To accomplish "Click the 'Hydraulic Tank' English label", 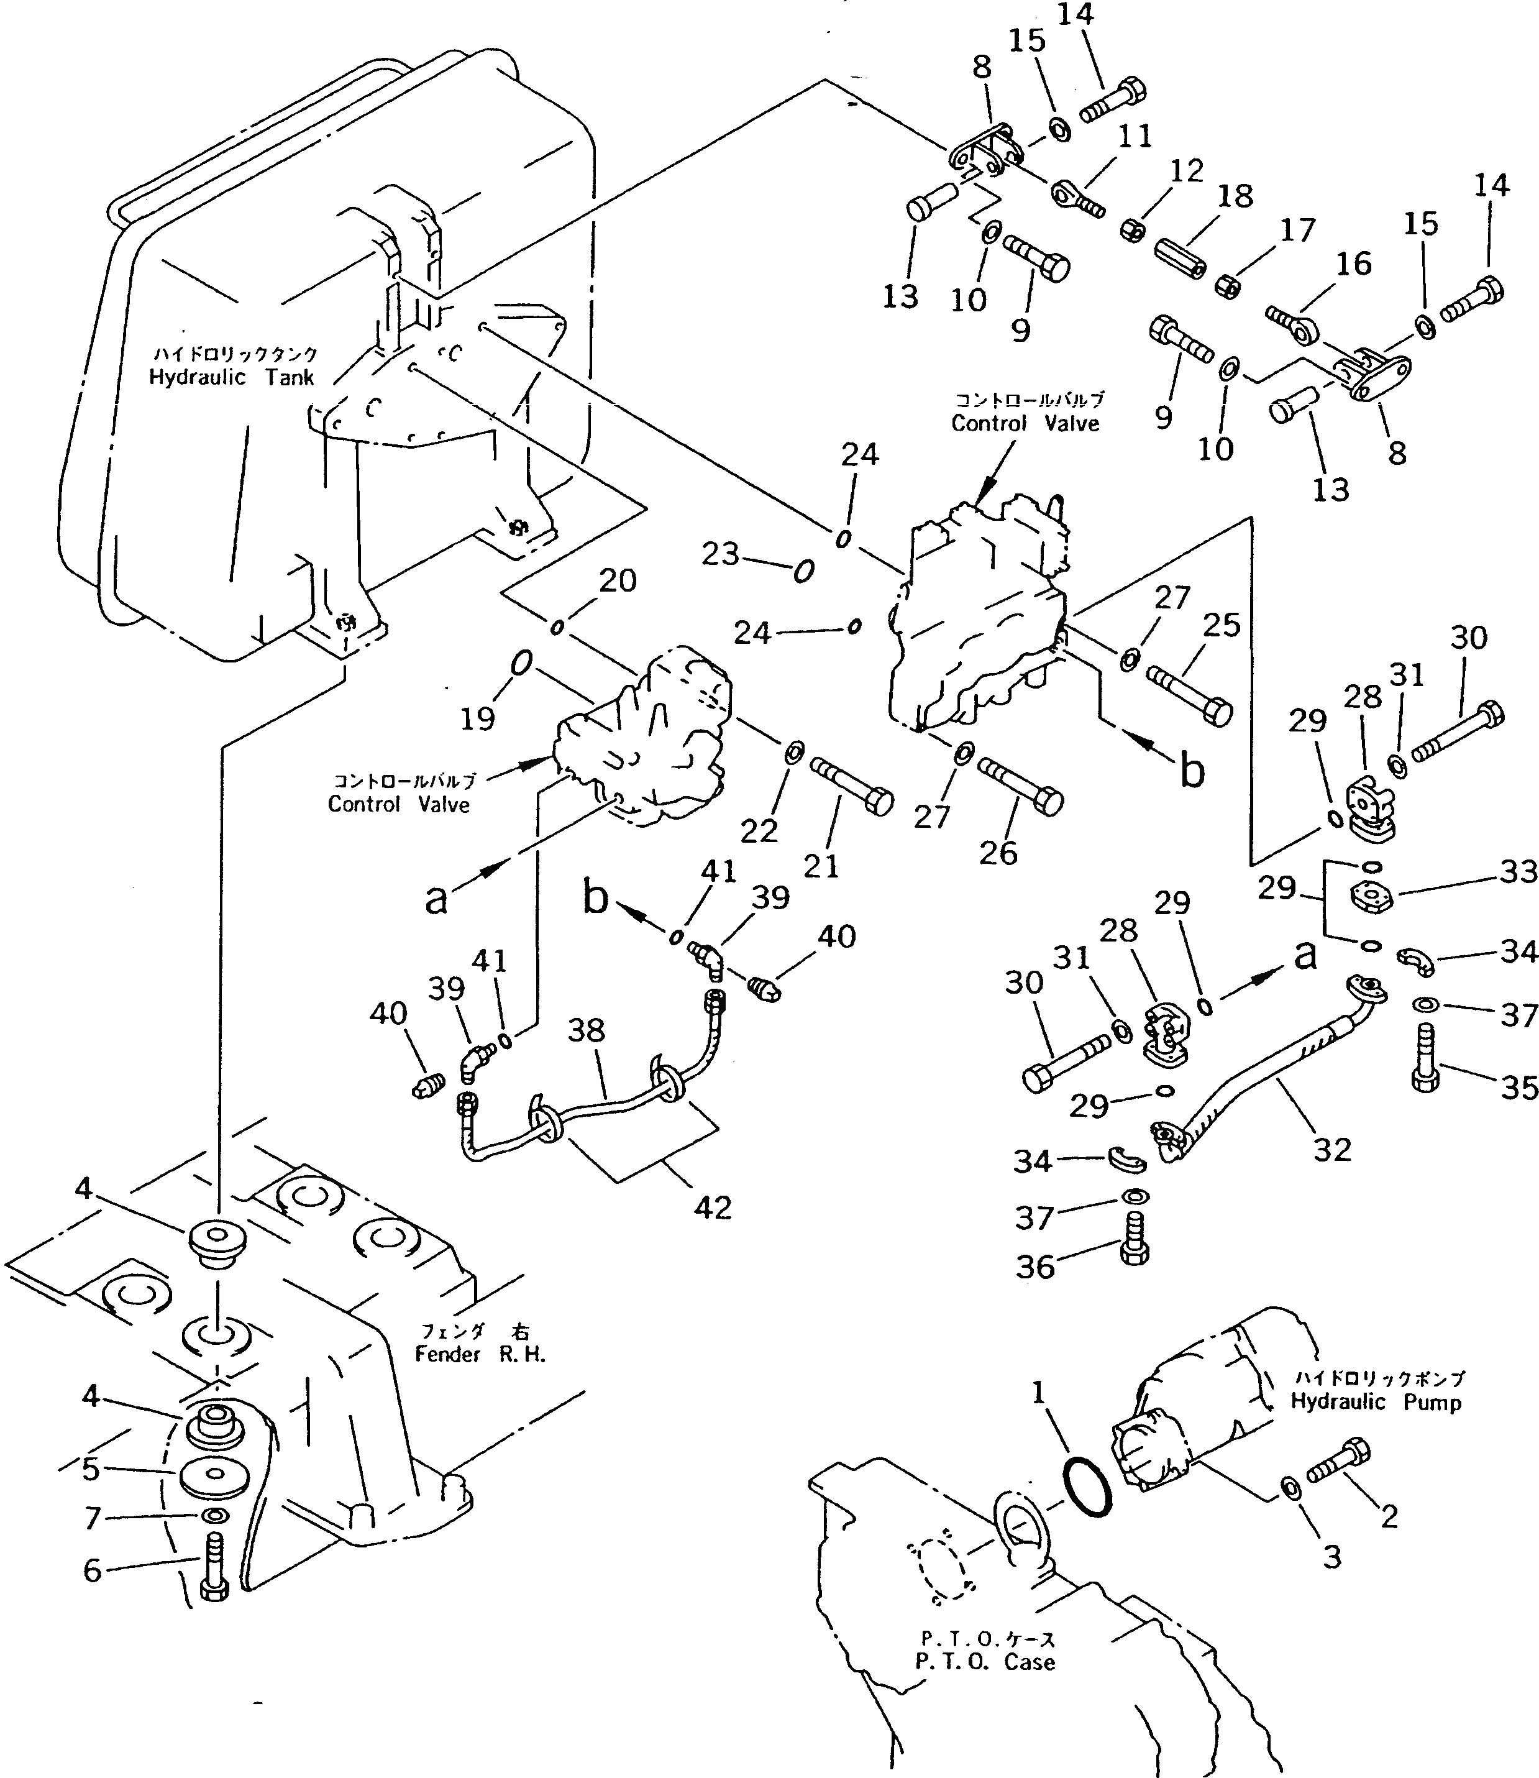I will [232, 378].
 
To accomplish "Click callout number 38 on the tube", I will [587, 1029].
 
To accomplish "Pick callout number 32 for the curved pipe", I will [1332, 1149].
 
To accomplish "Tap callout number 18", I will [1235, 197].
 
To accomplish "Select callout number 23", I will [719, 554].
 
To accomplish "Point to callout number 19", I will [478, 717].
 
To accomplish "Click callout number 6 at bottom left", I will [93, 1570].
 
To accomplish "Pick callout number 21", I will [820, 866].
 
